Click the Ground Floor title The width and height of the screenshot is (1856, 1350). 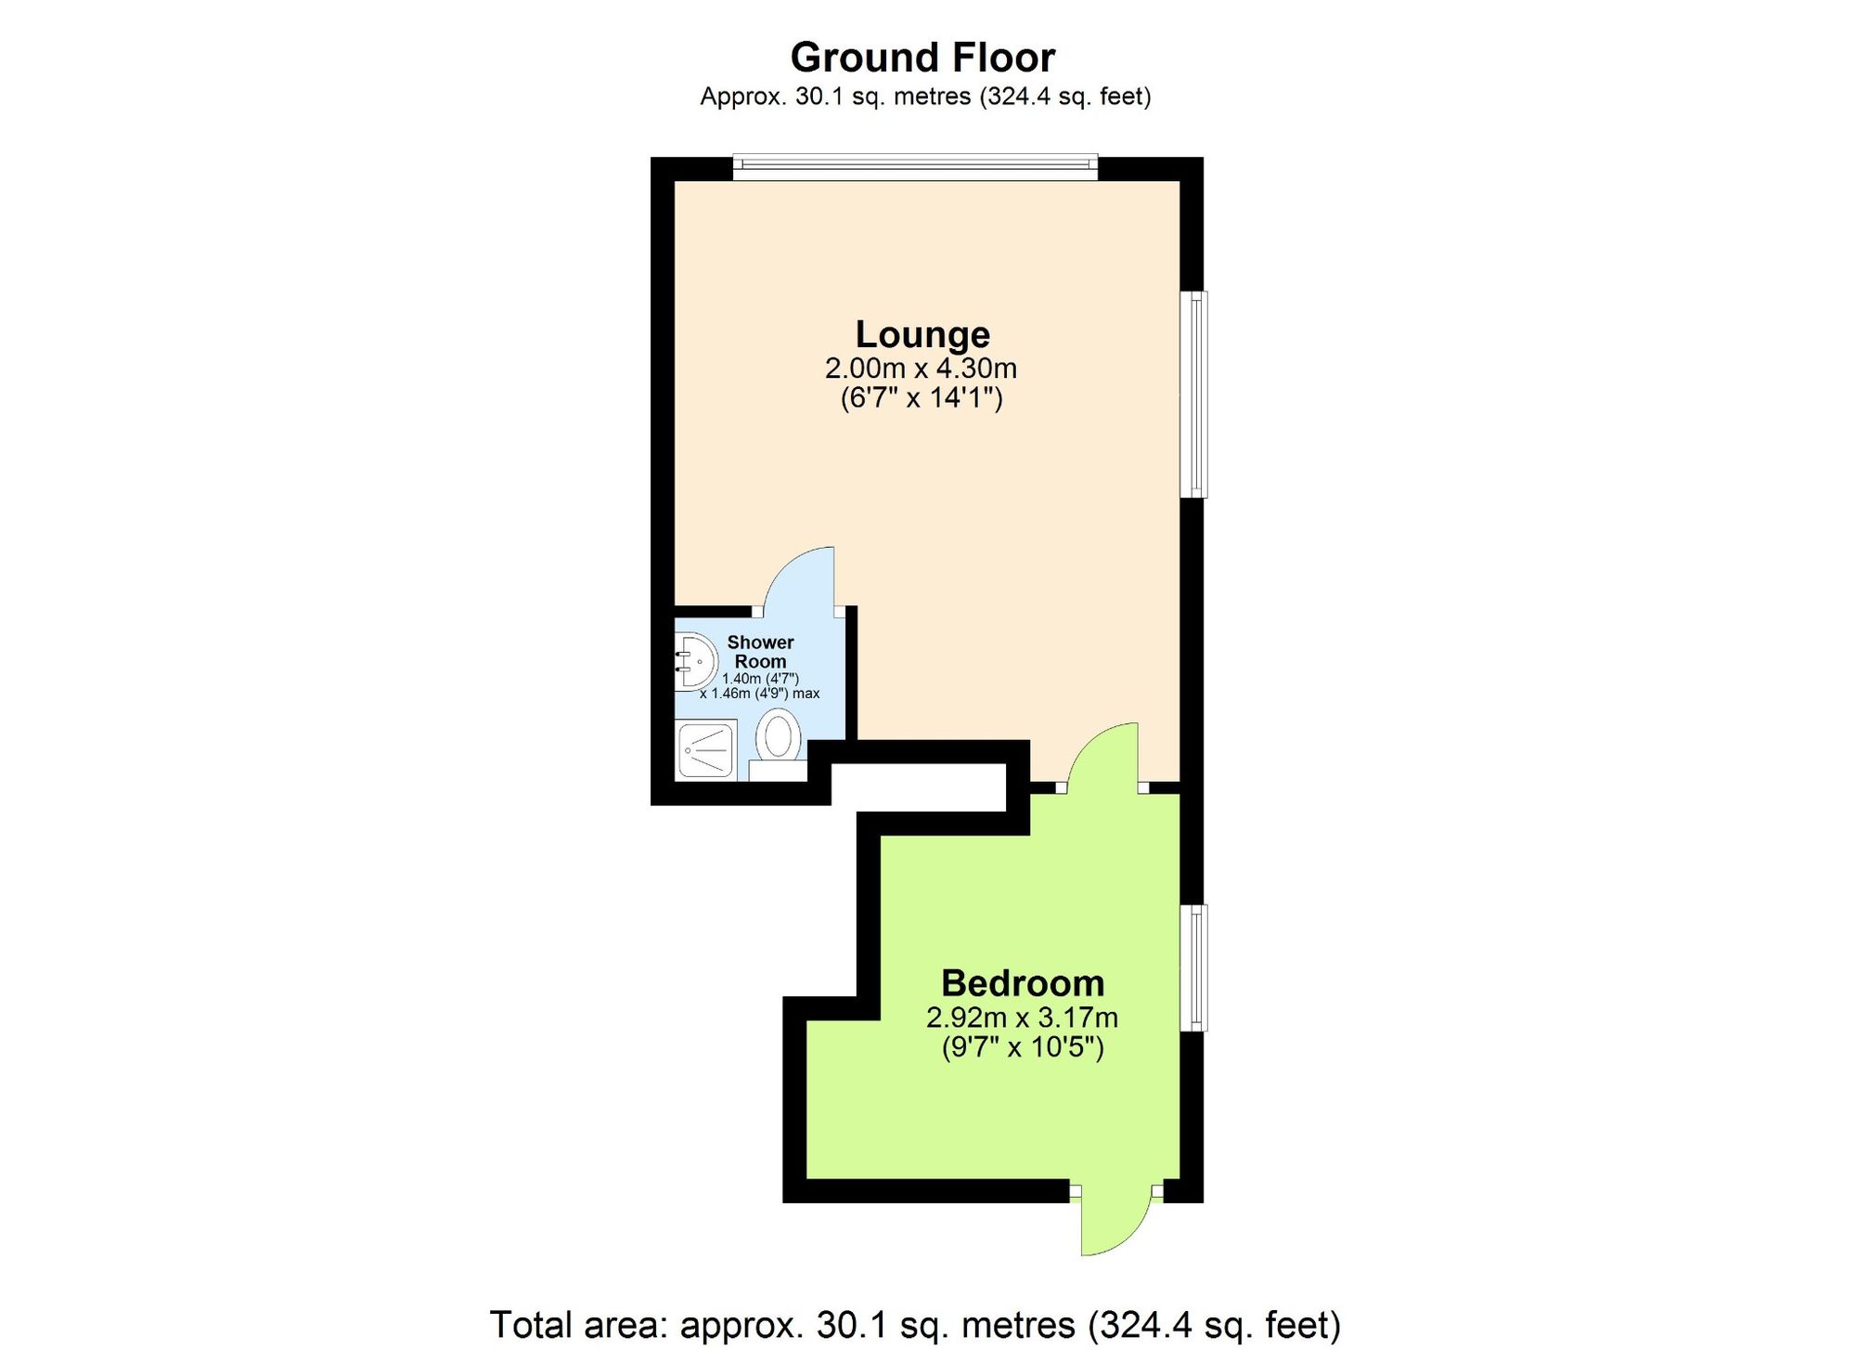(922, 58)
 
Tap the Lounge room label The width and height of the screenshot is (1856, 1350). (922, 334)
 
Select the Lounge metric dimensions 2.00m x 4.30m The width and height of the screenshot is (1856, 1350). (922, 369)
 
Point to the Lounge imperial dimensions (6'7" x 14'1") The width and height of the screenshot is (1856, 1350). (922, 398)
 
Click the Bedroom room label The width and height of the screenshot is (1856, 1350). (1023, 983)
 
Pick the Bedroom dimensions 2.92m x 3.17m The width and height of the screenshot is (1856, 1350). (1023, 1018)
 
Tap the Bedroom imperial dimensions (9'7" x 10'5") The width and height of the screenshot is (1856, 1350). (1023, 1047)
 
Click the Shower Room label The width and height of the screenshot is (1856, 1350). (760, 652)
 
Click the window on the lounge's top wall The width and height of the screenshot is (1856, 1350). (915, 167)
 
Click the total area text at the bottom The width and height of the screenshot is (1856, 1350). (915, 1325)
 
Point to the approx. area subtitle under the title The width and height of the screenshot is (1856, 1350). (925, 97)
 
